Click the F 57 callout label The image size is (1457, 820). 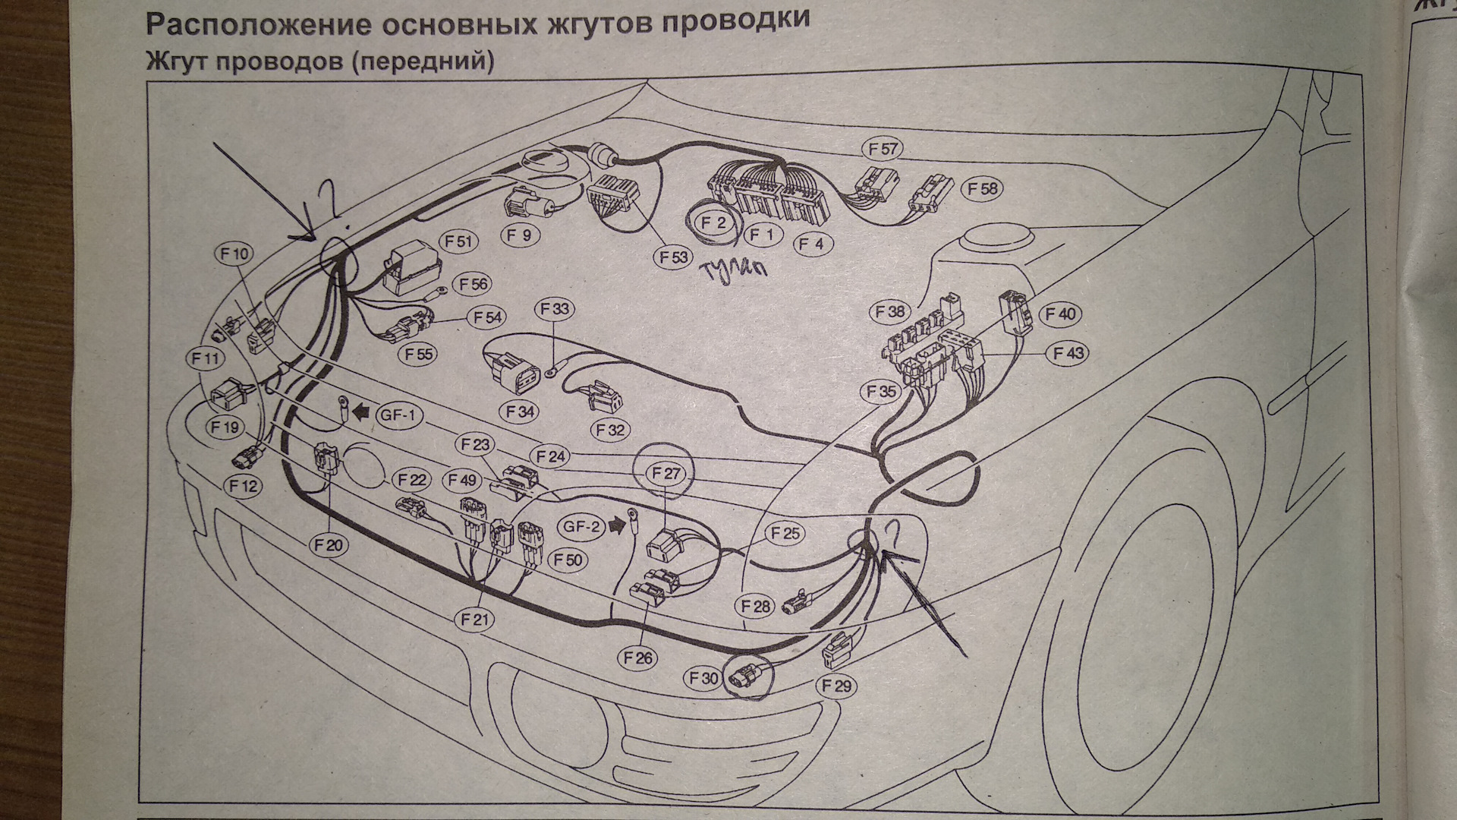883,150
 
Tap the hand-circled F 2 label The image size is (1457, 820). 714,223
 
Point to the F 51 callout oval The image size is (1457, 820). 458,242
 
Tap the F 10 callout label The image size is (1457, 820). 235,254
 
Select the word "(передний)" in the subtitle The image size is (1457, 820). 423,61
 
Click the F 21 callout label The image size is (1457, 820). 476,620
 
